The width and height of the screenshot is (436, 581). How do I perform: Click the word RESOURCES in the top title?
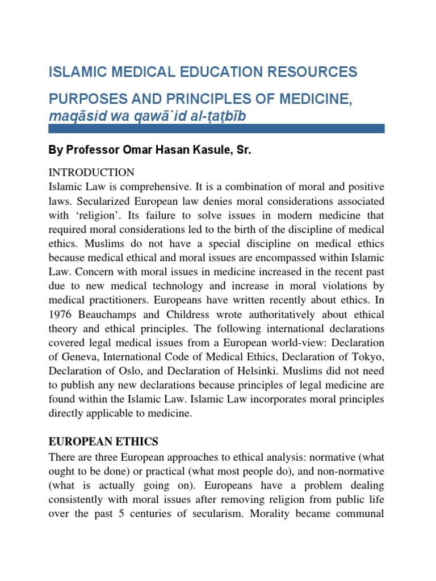[x=310, y=72]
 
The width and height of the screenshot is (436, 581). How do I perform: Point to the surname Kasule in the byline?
[x=210, y=151]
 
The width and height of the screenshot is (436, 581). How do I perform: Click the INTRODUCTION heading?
[x=93, y=172]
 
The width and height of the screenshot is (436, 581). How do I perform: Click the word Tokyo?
[x=367, y=356]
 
